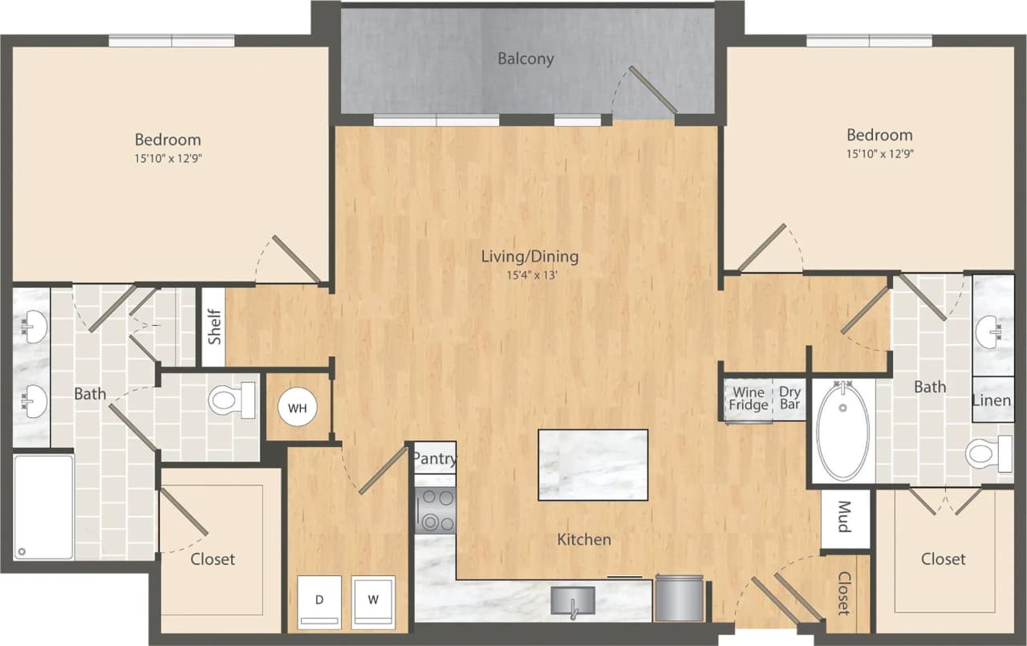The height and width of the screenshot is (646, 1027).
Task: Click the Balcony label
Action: point(526,59)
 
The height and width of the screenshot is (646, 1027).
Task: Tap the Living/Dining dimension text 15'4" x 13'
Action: point(530,275)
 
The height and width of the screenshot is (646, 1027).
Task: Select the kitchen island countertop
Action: point(593,465)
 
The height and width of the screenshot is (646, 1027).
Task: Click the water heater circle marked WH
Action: point(298,408)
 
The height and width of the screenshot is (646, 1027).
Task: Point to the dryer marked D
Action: point(319,601)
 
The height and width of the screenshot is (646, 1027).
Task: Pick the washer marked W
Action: point(373,601)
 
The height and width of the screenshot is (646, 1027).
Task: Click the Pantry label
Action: point(435,460)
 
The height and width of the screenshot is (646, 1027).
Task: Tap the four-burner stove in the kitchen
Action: point(436,510)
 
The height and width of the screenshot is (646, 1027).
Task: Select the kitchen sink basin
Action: point(572,601)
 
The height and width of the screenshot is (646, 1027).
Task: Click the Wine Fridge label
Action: point(748,399)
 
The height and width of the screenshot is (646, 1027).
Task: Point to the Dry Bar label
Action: point(790,399)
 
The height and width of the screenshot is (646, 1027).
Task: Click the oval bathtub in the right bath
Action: point(842,430)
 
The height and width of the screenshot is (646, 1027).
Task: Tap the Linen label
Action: point(992,400)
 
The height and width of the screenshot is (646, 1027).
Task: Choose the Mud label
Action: point(845,518)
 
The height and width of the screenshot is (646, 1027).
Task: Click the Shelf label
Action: point(213,327)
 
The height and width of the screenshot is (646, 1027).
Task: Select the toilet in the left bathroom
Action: point(231,400)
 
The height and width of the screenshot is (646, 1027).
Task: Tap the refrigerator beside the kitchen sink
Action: point(679,598)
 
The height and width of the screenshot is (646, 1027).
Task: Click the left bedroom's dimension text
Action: point(168,158)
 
